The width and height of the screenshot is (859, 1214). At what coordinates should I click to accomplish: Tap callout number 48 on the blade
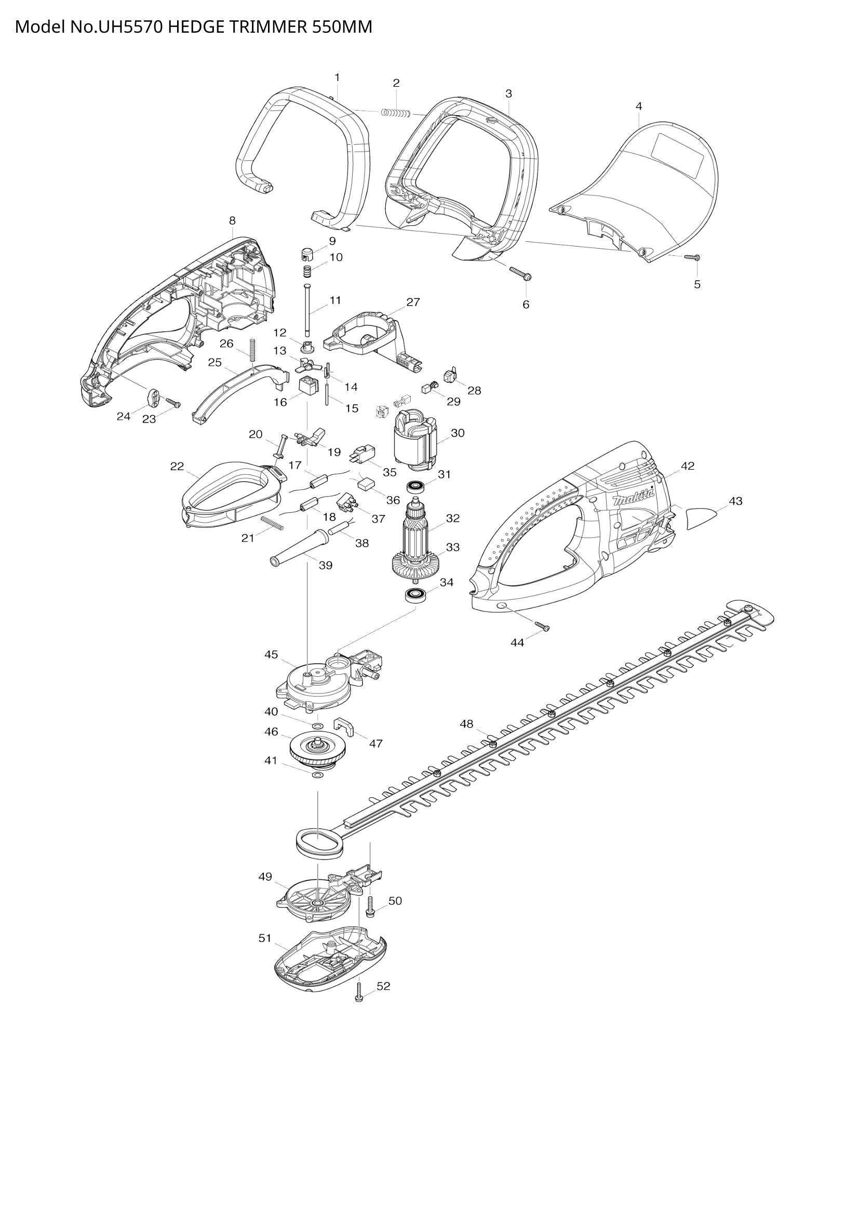[466, 724]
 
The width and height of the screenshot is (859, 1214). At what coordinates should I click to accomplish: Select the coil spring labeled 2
[397, 112]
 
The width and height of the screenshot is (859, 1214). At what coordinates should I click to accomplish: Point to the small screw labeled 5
[692, 257]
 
